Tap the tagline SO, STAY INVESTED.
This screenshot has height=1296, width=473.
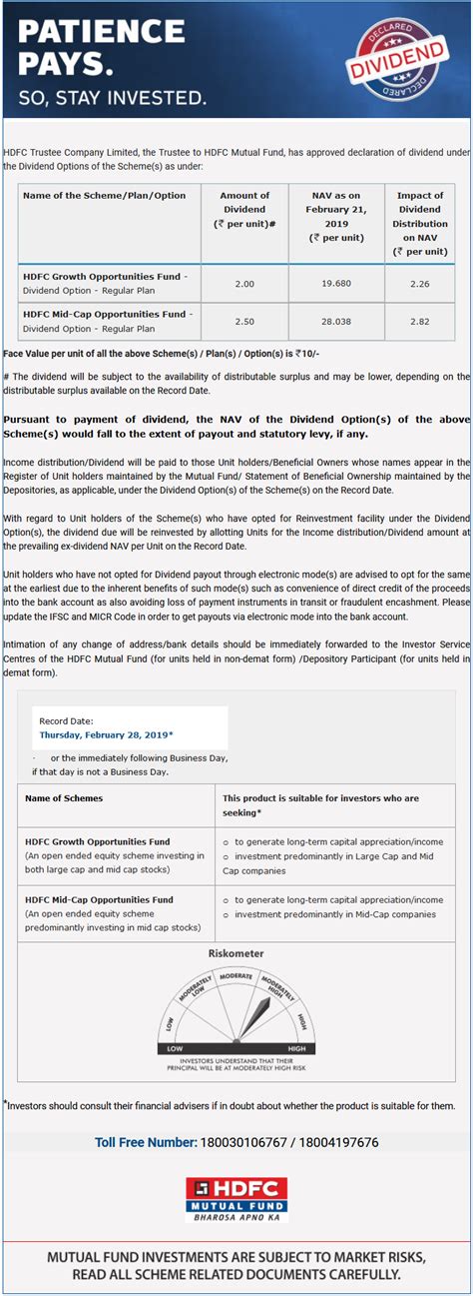pyautogui.click(x=112, y=98)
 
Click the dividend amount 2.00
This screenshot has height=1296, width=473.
pyautogui.click(x=244, y=284)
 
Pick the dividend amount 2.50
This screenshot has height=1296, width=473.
pyautogui.click(x=244, y=321)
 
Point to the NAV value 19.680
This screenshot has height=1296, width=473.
pyautogui.click(x=336, y=284)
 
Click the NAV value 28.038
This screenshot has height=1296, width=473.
pyautogui.click(x=336, y=321)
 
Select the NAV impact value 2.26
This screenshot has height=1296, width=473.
pyautogui.click(x=420, y=284)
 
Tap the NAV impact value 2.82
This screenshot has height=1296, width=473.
pyautogui.click(x=420, y=321)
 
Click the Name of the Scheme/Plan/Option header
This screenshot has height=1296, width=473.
pyautogui.click(x=104, y=196)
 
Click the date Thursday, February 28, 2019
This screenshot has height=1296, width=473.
pyautogui.click(x=105, y=734)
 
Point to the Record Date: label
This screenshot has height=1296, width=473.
pyautogui.click(x=66, y=720)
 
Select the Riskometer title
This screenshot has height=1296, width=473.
pyautogui.click(x=236, y=953)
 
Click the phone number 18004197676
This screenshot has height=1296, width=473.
pyautogui.click(x=342, y=1142)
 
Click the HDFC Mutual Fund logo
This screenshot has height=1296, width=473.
pyautogui.click(x=236, y=1199)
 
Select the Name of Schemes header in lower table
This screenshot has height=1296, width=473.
pyautogui.click(x=64, y=798)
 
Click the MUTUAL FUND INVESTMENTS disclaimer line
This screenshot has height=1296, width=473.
pyautogui.click(x=236, y=1257)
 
